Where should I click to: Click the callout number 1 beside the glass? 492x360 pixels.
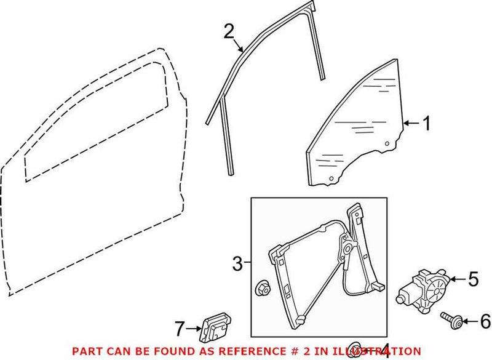[x=426, y=125]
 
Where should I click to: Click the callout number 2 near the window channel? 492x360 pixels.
[x=229, y=31]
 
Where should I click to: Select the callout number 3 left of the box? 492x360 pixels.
[x=238, y=265]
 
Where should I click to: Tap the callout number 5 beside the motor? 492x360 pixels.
[x=472, y=280]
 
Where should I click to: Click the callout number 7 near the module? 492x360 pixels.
[x=179, y=330]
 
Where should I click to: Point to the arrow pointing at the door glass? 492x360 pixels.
[x=410, y=125]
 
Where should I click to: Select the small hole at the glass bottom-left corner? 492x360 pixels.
[x=331, y=179]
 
